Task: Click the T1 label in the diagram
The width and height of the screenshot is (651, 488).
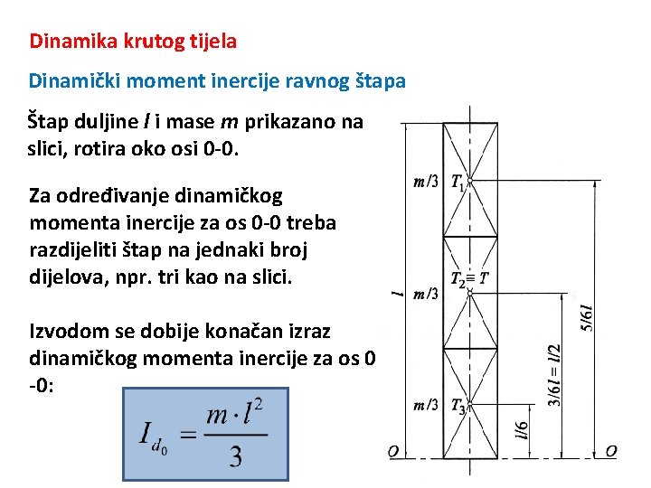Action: (458, 183)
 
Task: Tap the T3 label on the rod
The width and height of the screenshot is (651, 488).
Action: (458, 406)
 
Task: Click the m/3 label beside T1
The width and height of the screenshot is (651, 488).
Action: (426, 183)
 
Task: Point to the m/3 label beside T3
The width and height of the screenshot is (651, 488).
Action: (426, 405)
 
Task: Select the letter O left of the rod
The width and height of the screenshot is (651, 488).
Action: (394, 451)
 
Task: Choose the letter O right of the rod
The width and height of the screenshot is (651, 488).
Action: (611, 451)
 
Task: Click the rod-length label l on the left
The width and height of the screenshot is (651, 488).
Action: (394, 293)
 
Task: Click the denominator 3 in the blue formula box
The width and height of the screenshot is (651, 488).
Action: (235, 457)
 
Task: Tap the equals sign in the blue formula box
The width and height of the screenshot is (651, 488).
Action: (188, 435)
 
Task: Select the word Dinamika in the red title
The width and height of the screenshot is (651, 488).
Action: (63, 41)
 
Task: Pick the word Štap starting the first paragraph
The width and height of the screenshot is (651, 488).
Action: (48, 122)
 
